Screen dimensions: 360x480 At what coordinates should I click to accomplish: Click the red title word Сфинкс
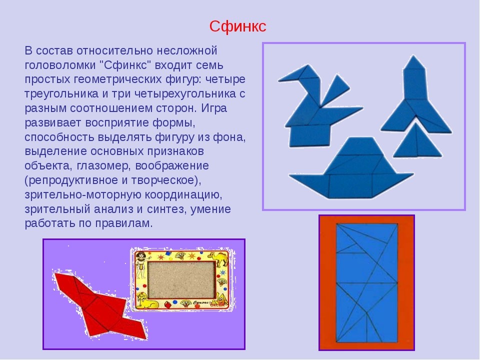(237, 26)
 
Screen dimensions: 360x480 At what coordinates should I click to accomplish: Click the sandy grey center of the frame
(180, 280)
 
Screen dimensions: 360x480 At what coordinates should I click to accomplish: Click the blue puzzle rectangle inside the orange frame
(366, 282)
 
